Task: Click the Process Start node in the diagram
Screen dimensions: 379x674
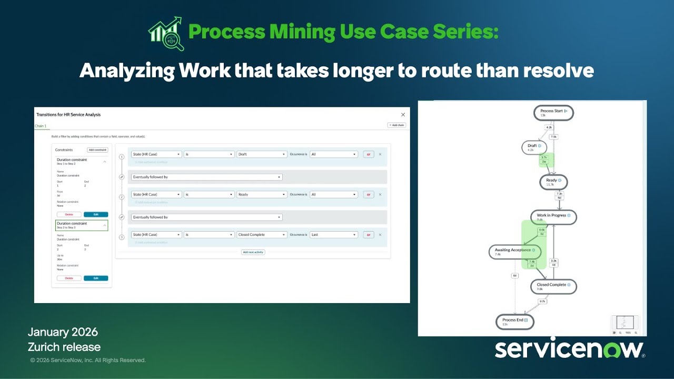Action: click(553, 113)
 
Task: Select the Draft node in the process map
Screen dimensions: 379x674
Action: click(534, 147)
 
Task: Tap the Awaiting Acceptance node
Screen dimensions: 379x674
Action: click(514, 252)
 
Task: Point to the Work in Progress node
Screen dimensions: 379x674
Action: click(553, 217)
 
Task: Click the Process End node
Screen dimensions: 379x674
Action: click(514, 322)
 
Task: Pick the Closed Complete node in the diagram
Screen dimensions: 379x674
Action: click(553, 286)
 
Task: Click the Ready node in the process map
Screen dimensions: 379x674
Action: click(553, 182)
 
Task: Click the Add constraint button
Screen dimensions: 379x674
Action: click(97, 150)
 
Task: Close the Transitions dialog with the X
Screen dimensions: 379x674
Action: click(403, 114)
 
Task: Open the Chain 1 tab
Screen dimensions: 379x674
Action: click(41, 126)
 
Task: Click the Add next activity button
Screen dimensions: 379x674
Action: click(253, 252)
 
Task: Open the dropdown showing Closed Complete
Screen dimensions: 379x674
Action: click(262, 235)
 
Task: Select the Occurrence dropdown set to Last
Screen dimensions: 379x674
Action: click(334, 235)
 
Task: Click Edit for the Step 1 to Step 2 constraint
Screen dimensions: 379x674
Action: click(96, 214)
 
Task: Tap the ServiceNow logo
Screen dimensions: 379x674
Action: click(569, 349)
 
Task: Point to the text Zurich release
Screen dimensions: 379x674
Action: click(64, 347)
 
